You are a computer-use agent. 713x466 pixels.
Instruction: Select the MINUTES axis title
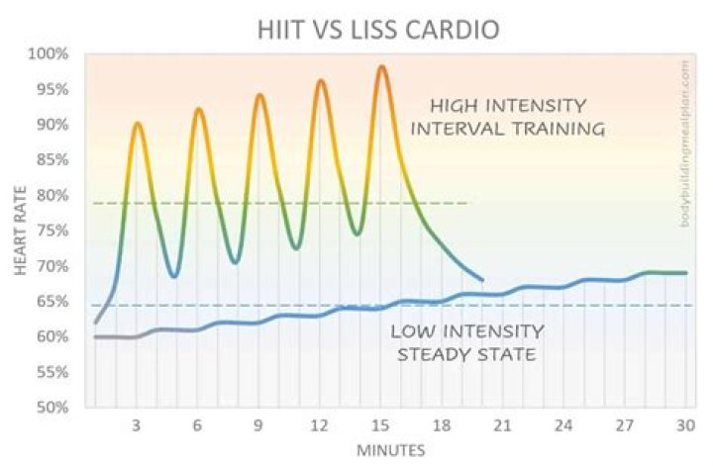point(392,450)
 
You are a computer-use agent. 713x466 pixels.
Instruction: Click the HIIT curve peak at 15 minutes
point(381,66)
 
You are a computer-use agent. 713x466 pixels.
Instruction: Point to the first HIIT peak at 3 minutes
point(137,124)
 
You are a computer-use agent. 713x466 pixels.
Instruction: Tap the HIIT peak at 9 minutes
point(259,95)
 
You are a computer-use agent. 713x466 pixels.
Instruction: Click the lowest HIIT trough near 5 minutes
point(174,276)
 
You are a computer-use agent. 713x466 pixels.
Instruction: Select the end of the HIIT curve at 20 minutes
point(482,280)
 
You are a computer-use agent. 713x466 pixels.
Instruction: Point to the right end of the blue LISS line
point(686,273)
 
